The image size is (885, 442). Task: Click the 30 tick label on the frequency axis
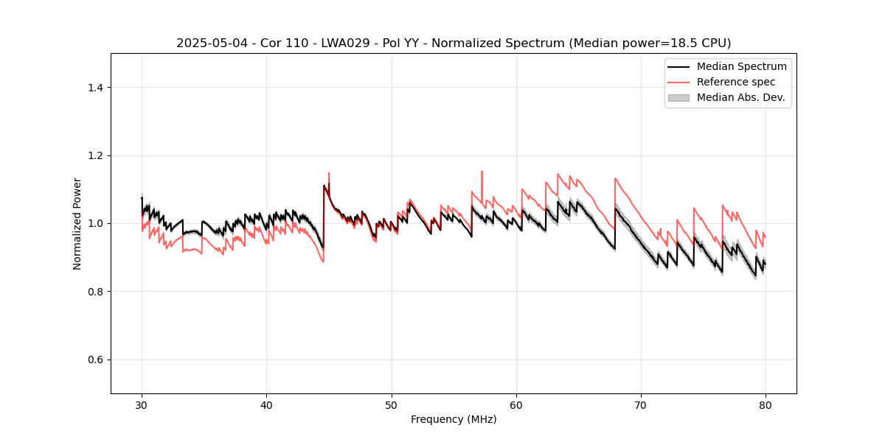point(142,405)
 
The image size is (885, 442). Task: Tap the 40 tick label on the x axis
point(266,405)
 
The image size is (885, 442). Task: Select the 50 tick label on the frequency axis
point(392,405)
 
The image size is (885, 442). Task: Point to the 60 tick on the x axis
point(516,405)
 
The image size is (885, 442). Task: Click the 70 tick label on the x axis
point(641,405)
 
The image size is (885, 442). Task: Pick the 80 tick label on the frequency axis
point(766,405)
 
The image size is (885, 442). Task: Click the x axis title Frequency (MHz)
point(454,419)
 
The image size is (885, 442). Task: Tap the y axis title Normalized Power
point(77,223)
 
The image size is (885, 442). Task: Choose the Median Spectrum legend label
point(741,66)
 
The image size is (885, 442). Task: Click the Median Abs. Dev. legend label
point(740,97)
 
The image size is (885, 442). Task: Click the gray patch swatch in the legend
point(678,97)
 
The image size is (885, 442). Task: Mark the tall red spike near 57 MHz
point(482,172)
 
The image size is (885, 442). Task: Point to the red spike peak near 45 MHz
point(328,173)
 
